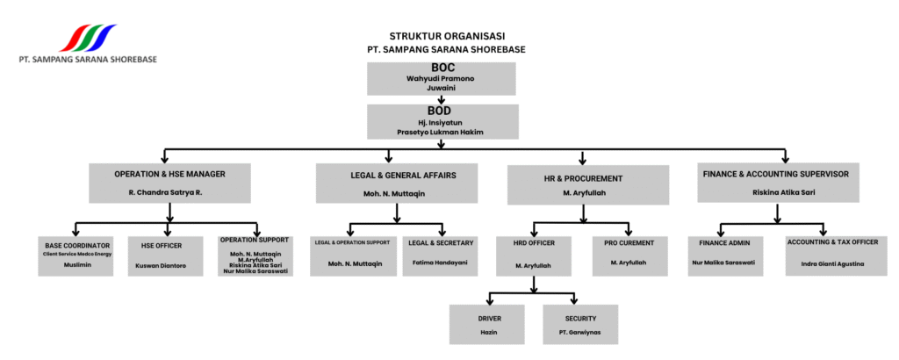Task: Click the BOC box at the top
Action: (x=441, y=78)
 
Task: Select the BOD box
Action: (x=441, y=121)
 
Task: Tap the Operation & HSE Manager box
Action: (x=171, y=182)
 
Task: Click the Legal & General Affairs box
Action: (x=398, y=183)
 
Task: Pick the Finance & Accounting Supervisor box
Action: (x=775, y=182)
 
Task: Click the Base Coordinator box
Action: (x=77, y=256)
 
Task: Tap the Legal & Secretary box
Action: (x=442, y=256)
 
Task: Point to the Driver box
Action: (x=487, y=324)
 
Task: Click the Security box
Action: (x=580, y=324)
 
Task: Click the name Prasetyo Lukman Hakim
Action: (x=441, y=132)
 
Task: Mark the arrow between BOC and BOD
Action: (x=441, y=99)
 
